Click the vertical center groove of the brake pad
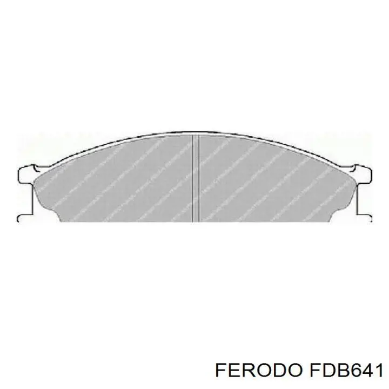[196, 178]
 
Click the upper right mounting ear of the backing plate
[365, 173]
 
